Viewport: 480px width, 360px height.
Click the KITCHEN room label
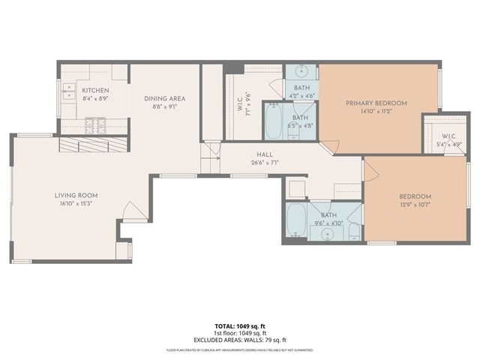[95, 90]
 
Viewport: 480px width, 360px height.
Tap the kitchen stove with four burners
[95, 124]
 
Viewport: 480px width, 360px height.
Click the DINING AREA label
[165, 98]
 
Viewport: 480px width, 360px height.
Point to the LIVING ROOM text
[76, 195]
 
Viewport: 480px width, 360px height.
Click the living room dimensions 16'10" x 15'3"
[76, 203]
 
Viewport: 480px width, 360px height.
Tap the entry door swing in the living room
[134, 213]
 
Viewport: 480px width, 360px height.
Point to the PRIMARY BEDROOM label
[376, 103]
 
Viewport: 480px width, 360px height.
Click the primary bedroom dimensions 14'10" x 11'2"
[376, 111]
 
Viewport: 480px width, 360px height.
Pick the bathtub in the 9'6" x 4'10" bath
[296, 220]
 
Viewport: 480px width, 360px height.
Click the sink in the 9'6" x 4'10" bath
[327, 233]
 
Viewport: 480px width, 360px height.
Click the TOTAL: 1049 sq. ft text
[239, 326]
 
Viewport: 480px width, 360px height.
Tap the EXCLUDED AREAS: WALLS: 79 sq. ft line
[239, 340]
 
